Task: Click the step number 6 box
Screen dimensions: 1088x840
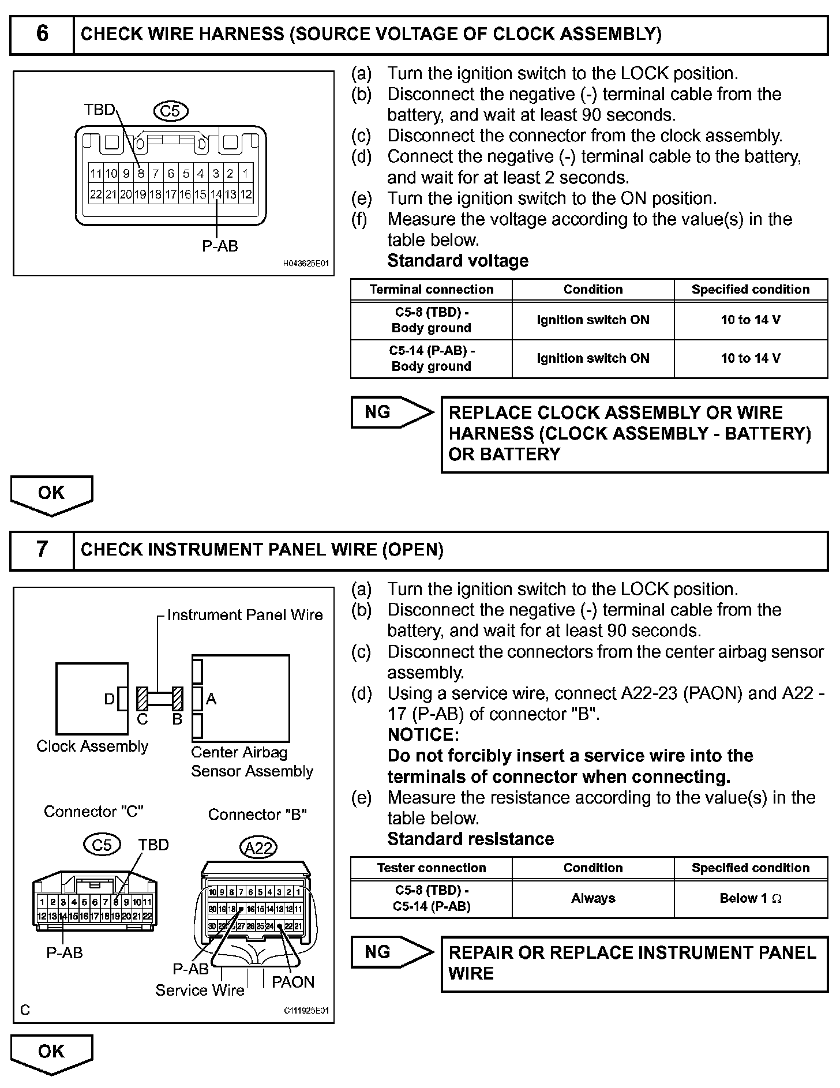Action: click(x=42, y=34)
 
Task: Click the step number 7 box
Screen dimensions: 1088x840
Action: click(x=42, y=549)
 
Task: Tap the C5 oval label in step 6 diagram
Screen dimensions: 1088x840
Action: click(x=171, y=111)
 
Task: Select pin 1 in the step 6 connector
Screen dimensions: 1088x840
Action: click(x=245, y=173)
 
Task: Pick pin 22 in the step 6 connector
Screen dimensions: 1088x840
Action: click(x=96, y=194)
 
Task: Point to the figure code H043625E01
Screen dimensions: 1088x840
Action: click(x=306, y=264)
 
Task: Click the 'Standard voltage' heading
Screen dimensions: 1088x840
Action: click(x=457, y=261)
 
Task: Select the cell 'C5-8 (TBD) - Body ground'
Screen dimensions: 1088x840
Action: click(x=431, y=320)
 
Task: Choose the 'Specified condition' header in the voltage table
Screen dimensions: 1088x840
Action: click(x=751, y=290)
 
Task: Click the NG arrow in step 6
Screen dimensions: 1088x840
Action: click(x=392, y=412)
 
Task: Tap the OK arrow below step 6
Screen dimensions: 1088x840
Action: click(x=51, y=494)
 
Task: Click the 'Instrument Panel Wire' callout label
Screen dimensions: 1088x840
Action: click(x=245, y=615)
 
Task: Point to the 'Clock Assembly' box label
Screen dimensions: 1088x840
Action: click(x=92, y=746)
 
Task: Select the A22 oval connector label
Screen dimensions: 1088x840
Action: click(x=258, y=847)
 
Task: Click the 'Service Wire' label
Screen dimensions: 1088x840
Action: click(x=200, y=990)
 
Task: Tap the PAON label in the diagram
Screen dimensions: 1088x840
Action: click(x=293, y=982)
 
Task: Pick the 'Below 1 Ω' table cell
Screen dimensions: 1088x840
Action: click(x=751, y=898)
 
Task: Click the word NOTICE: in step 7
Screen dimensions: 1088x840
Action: click(x=423, y=735)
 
